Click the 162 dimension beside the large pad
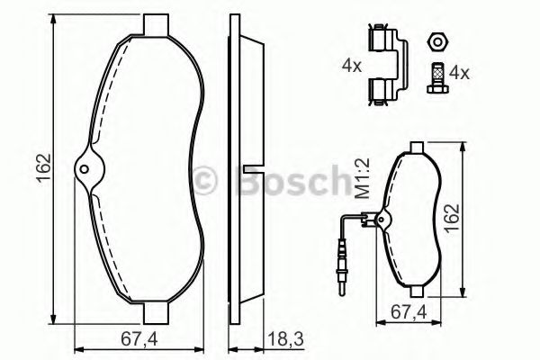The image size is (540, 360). pyautogui.click(x=44, y=167)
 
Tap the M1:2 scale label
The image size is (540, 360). pyautogui.click(x=362, y=178)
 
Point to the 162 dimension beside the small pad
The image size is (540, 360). pyautogui.click(x=452, y=219)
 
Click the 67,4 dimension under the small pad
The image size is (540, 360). pyautogui.click(x=409, y=312)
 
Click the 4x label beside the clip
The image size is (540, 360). pyautogui.click(x=352, y=65)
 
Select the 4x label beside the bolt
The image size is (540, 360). pyautogui.click(x=459, y=73)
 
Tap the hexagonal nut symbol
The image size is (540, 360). pyautogui.click(x=437, y=42)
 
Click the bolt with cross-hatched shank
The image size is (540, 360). pyautogui.click(x=437, y=78)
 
